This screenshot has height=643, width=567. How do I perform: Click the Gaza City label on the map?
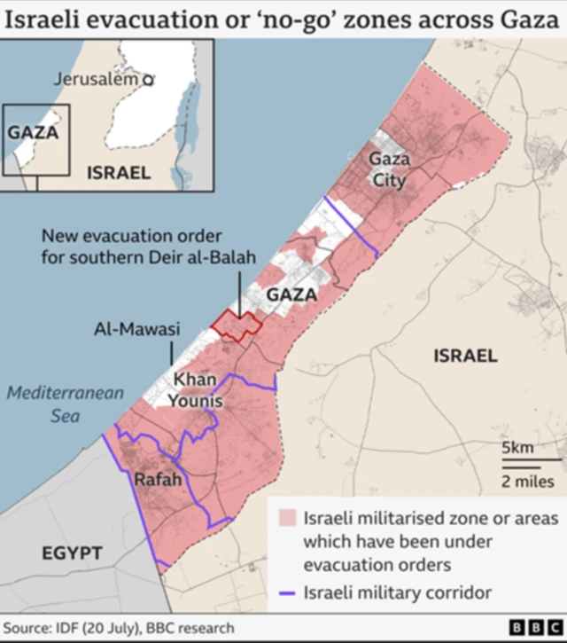coord(390,169)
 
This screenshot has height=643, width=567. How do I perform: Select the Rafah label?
coord(158,480)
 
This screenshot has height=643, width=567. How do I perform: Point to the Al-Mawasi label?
coord(136,330)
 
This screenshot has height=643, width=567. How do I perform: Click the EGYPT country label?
coord(72,553)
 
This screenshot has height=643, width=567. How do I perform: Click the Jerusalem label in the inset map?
coord(97,79)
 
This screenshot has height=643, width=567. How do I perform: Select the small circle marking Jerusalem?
coord(149,80)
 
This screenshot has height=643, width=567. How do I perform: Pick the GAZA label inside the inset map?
coord(33,133)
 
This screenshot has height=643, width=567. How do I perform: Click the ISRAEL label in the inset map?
coord(118,173)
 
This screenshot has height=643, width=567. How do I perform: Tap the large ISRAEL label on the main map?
coord(465,356)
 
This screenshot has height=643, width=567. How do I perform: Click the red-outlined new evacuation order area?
coord(237,325)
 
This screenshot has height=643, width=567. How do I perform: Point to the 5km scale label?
coord(518,448)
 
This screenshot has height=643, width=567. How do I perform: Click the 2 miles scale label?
coord(527,482)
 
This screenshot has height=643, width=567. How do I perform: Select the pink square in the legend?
coord(286,517)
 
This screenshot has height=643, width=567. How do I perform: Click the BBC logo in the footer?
coord(528,628)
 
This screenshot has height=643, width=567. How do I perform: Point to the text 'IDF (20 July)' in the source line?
coord(97,628)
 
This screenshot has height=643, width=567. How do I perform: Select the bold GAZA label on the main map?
coord(291,294)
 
